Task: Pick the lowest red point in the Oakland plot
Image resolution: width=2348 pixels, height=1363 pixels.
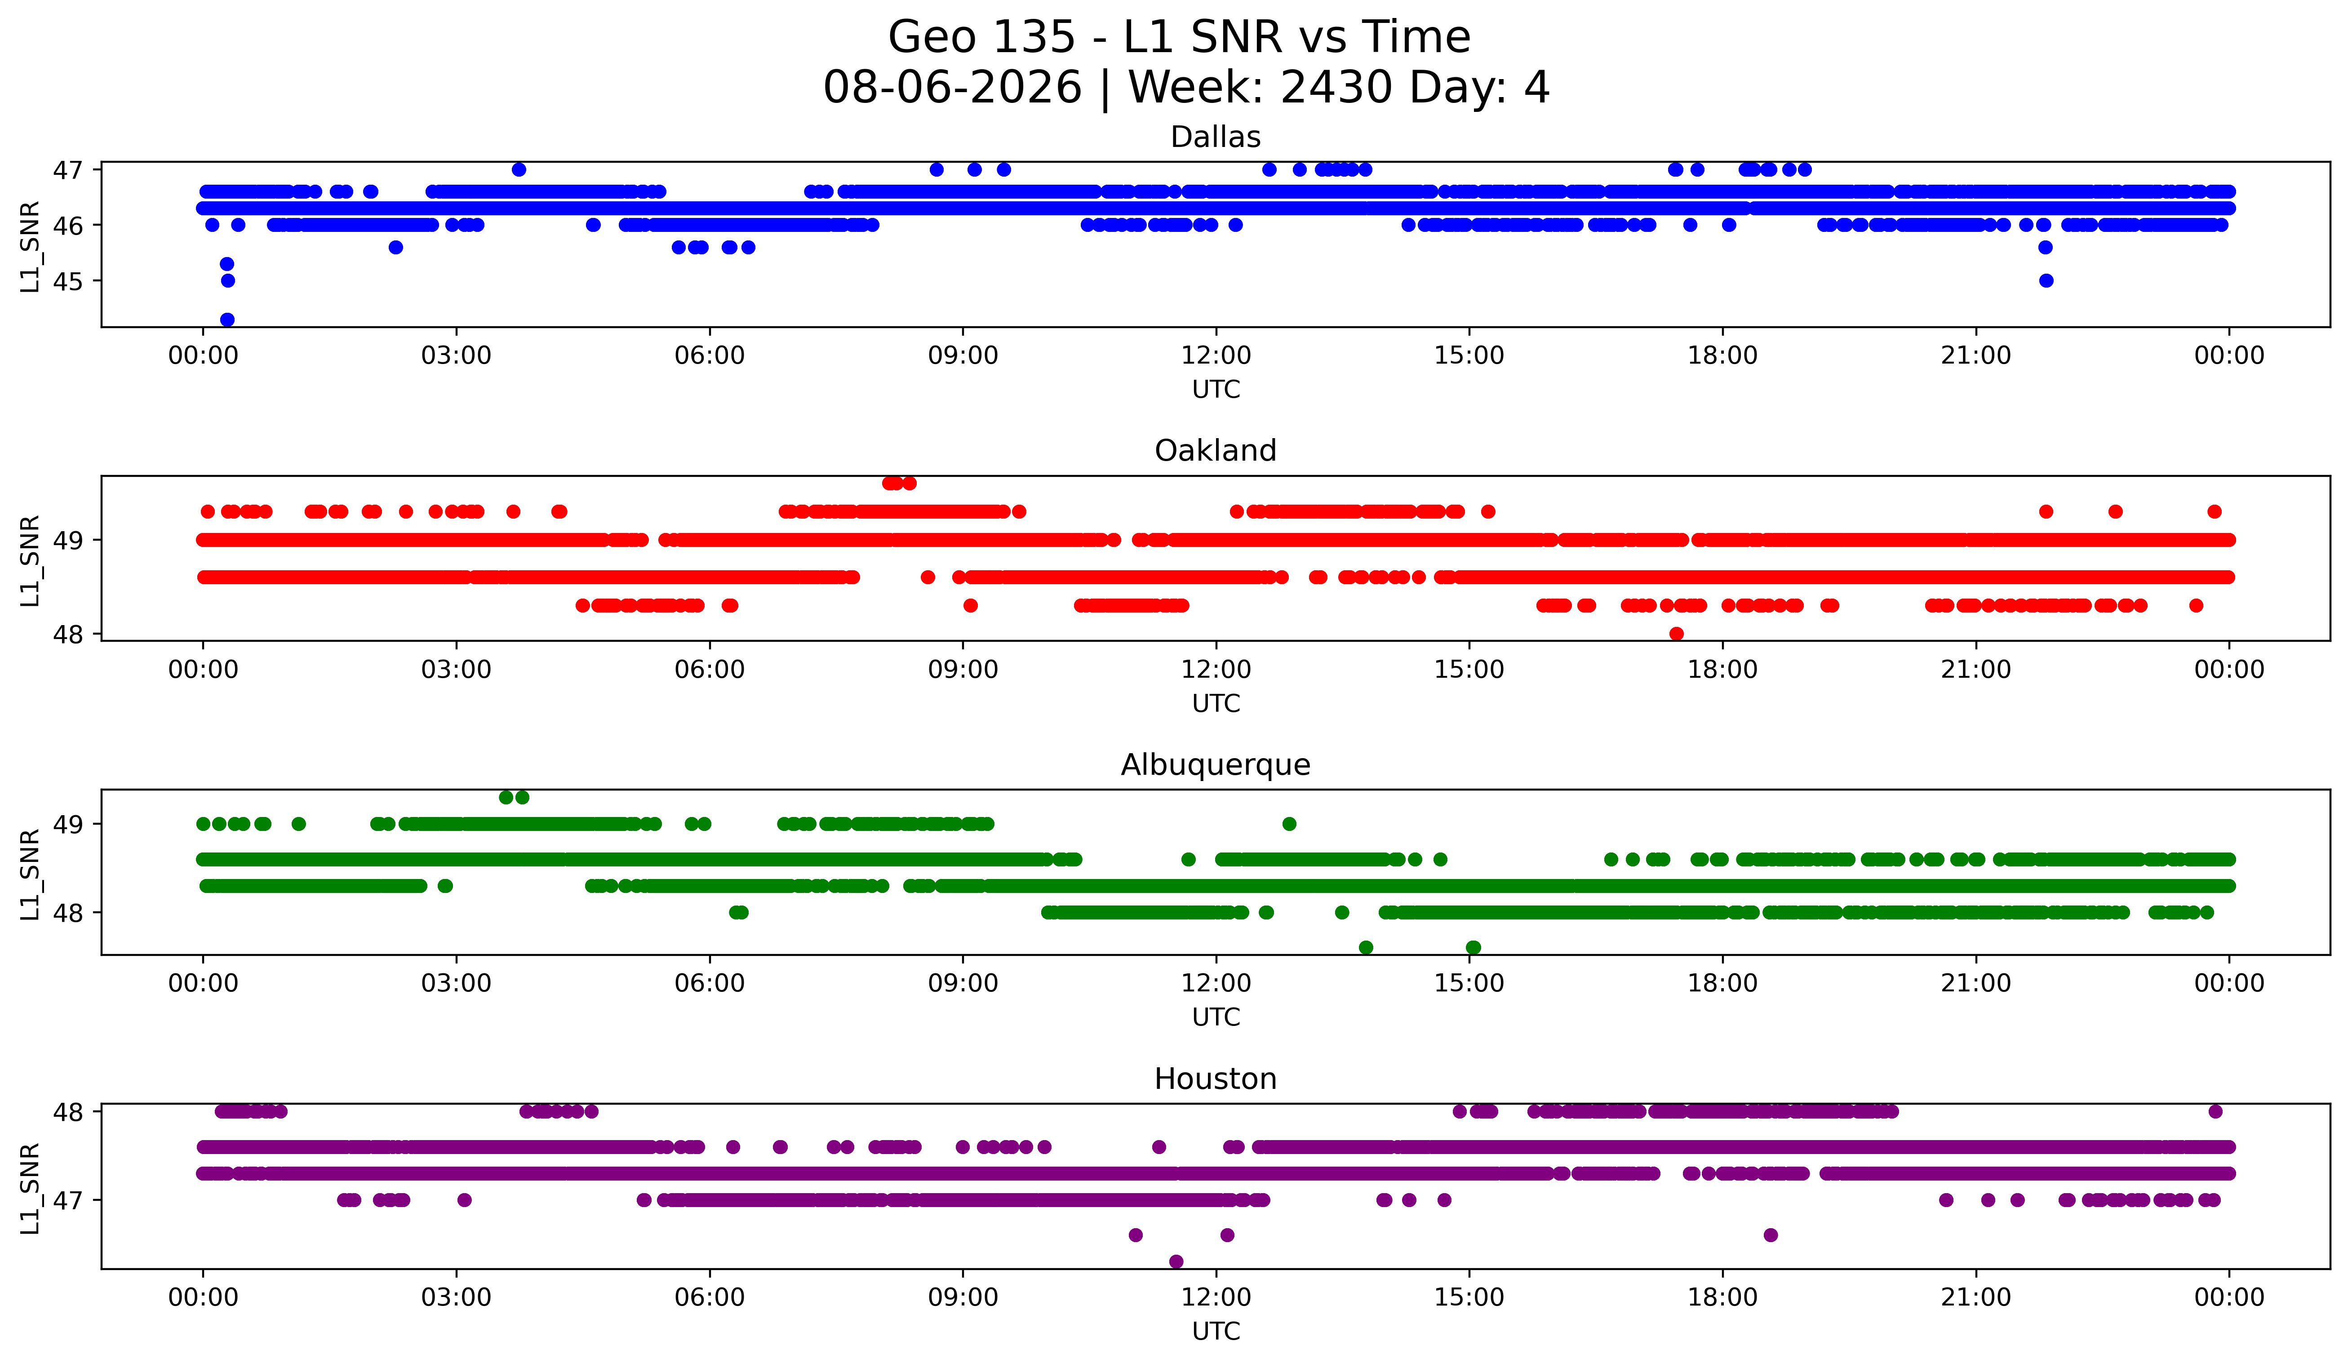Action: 1676,634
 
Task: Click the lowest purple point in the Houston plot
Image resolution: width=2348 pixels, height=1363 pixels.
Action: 1176,1261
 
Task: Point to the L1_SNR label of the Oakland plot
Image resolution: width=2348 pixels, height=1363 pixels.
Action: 30,560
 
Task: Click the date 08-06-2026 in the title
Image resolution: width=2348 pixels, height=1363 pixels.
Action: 952,88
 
